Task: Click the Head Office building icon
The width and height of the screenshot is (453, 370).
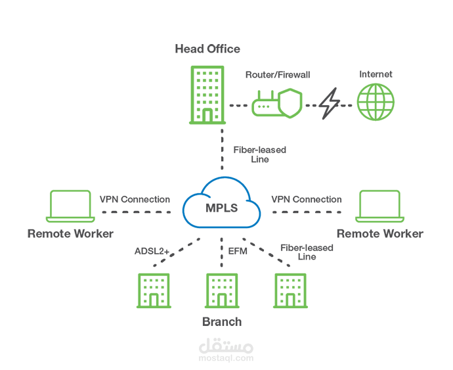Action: point(207,94)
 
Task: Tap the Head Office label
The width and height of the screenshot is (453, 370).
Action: point(207,49)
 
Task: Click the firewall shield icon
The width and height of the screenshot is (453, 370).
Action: point(291,104)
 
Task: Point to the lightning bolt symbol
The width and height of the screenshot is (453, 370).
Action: point(330,104)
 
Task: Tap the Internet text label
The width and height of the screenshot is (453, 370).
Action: point(376,74)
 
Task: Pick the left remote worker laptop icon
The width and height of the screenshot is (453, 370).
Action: point(70,206)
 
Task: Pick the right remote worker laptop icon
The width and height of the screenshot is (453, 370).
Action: point(378,206)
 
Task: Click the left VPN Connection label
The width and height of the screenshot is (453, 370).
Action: point(135,199)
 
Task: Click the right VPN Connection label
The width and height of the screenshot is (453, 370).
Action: point(307,199)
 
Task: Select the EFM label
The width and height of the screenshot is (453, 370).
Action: point(237,250)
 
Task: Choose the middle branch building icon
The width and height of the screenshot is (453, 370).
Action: point(222,290)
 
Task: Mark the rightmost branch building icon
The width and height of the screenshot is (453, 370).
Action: point(291,290)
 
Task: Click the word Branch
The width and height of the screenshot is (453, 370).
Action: point(221,321)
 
